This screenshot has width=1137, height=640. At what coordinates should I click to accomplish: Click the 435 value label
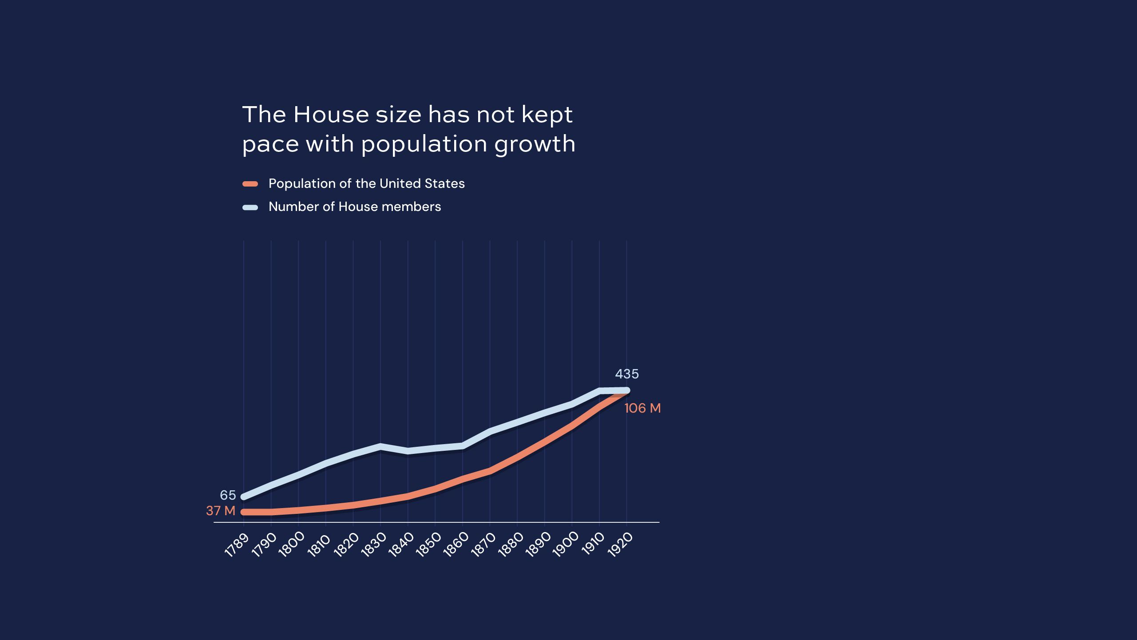(626, 374)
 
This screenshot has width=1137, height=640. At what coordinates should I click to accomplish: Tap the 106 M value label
(642, 408)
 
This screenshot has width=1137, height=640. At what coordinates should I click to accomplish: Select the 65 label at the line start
(228, 495)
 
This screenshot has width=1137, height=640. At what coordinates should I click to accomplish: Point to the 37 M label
(221, 511)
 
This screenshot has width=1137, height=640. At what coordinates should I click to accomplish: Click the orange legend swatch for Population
(250, 184)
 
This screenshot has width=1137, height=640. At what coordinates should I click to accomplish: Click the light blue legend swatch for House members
(250, 207)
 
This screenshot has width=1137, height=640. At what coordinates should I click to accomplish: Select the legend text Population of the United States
(366, 183)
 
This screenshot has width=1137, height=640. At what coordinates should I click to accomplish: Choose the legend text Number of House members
(354, 207)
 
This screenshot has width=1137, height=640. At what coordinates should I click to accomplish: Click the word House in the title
(331, 115)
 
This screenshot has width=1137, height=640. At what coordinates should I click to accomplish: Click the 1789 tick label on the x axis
(237, 545)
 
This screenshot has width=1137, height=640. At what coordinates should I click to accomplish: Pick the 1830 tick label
(373, 545)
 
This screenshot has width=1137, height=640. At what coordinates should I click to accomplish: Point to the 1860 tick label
(456, 545)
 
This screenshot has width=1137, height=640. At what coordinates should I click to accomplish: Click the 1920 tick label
(620, 545)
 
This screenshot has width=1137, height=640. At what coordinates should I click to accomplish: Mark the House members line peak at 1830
(380, 446)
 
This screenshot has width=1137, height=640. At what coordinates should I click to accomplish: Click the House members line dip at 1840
(408, 451)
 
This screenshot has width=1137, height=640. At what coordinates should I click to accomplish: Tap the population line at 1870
(490, 471)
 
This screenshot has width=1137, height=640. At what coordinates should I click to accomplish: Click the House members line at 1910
(599, 391)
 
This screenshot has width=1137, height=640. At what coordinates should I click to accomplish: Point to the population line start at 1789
(244, 512)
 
